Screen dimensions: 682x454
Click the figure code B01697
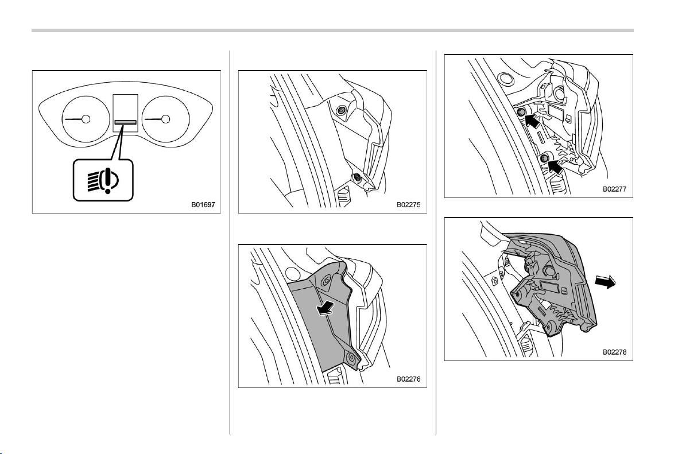(203, 204)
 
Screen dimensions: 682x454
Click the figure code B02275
(408, 204)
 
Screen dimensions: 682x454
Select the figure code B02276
(408, 379)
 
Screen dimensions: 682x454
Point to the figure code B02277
(614, 189)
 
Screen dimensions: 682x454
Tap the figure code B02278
(614, 352)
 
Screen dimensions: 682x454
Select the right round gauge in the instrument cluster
(166, 119)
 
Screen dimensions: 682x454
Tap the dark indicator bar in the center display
(125, 122)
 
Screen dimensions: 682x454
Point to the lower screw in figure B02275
(357, 177)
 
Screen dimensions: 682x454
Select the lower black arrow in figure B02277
(555, 166)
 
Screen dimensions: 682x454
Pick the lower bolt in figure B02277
(544, 160)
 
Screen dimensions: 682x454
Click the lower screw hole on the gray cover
(351, 358)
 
